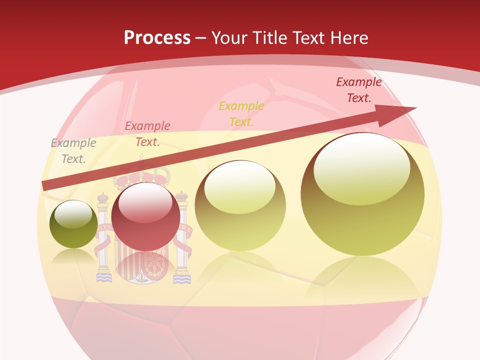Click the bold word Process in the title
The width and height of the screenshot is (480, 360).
tap(157, 37)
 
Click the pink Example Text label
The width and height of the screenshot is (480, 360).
tap(147, 134)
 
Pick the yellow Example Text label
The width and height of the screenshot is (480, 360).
tap(241, 113)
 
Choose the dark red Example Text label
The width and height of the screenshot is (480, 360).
tap(358, 90)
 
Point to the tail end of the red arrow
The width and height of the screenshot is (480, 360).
tap(46, 185)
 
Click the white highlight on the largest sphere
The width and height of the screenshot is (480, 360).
tap(362, 167)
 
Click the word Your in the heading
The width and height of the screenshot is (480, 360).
tap(231, 37)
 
